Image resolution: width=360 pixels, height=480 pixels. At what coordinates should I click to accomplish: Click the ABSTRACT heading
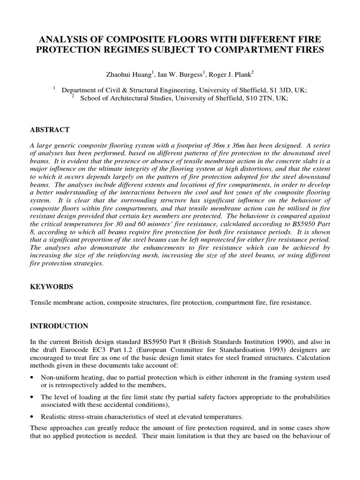(x=50, y=129)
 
